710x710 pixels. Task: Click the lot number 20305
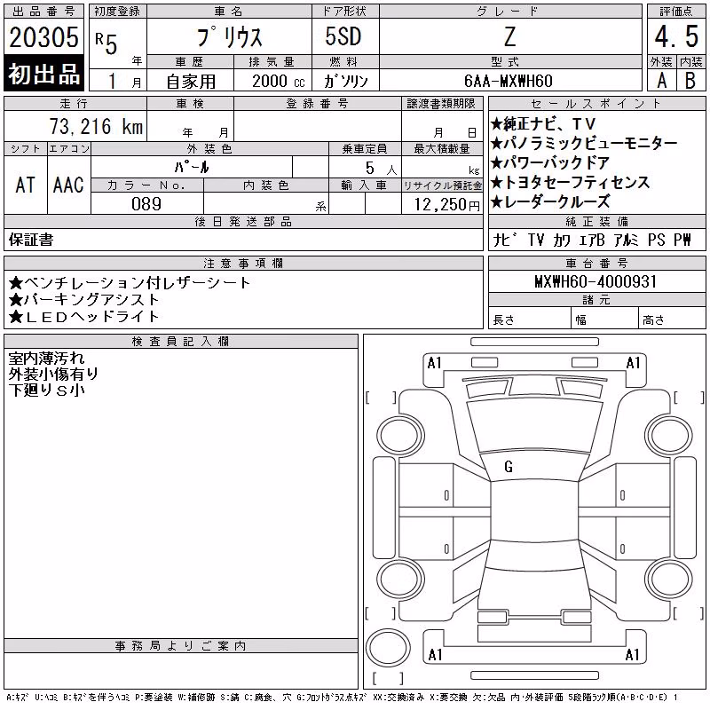[43, 37]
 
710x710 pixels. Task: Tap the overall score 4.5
[676, 36]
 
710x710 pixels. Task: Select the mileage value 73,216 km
[96, 126]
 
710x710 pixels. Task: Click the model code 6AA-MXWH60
[508, 81]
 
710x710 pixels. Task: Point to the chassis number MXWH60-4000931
[596, 281]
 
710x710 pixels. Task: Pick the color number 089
[146, 204]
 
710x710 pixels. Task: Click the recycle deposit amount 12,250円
[446, 205]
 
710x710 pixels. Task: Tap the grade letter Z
[509, 36]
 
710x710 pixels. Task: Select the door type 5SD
[343, 36]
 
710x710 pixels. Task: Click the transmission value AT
[26, 185]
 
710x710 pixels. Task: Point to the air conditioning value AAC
[68, 185]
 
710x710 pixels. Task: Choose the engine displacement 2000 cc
[279, 81]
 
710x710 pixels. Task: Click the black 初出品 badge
[43, 73]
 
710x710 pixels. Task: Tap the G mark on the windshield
[509, 467]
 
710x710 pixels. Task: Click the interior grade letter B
[690, 81]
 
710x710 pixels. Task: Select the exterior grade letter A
[662, 81]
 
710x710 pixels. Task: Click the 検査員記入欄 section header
[180, 342]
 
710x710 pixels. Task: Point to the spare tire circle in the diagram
[388, 647]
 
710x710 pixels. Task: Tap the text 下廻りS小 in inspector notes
[47, 390]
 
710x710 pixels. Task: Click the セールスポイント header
[596, 104]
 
